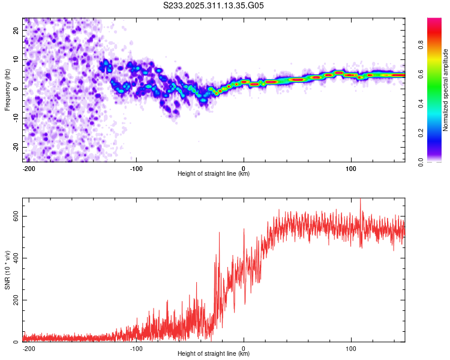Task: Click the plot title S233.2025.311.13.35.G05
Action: [x=214, y=6]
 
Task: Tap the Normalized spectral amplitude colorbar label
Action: [x=446, y=90]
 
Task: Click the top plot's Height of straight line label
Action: [x=214, y=174]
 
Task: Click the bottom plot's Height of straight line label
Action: [x=214, y=354]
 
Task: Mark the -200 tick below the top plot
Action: [x=28, y=167]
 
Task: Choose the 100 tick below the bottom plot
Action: [x=351, y=347]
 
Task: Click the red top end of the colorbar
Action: [x=434, y=20]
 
